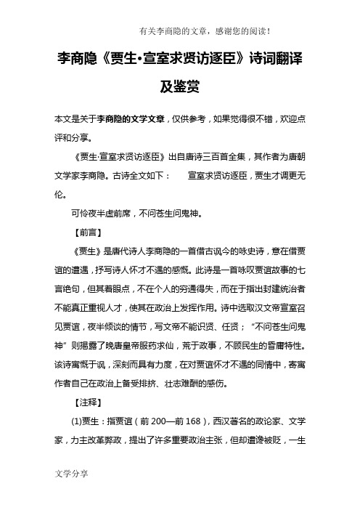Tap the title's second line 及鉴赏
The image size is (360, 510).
tap(179, 88)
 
